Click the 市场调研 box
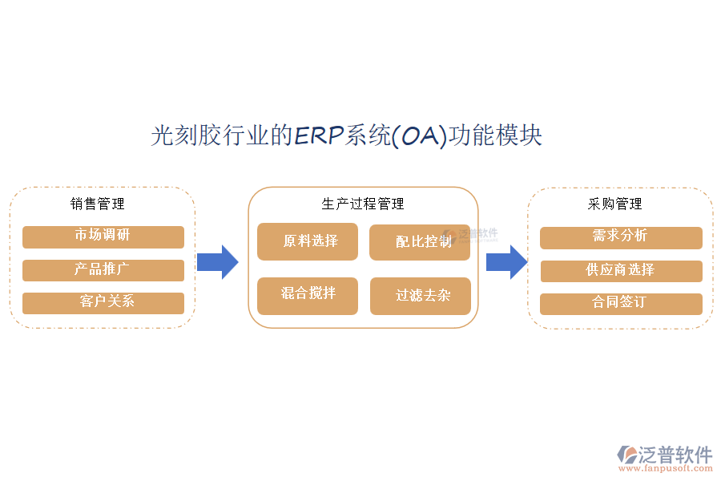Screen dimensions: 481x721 [x=103, y=236]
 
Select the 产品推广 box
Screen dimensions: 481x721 [x=103, y=270]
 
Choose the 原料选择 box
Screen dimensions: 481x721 [x=308, y=241]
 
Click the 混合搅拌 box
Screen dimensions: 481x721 [x=308, y=295]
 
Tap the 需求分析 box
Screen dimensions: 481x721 [x=621, y=237]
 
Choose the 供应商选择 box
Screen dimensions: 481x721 [x=621, y=271]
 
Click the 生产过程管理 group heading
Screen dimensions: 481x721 [x=363, y=204]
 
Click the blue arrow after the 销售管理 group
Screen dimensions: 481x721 [x=217, y=261]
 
